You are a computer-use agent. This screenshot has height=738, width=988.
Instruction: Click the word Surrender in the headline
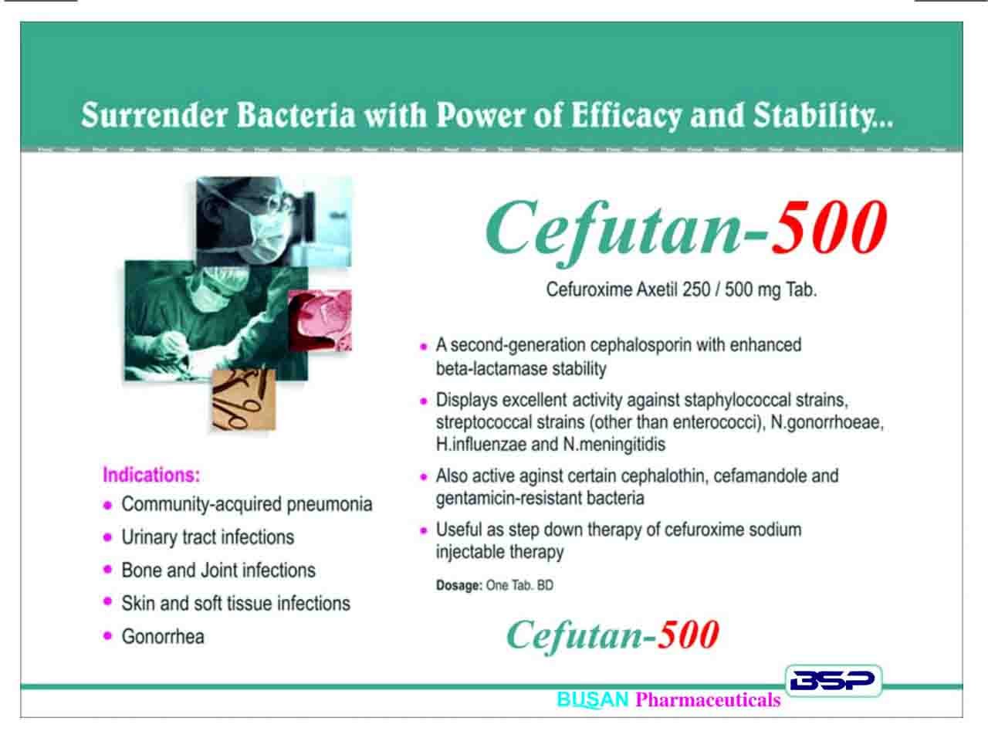tap(154, 115)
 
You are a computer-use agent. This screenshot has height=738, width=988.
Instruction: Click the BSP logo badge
tap(833, 680)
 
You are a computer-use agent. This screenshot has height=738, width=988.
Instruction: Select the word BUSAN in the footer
tap(592, 699)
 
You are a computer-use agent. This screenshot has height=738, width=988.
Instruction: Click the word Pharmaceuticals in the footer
tap(708, 699)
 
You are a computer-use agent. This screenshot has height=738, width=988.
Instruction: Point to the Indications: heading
tap(151, 475)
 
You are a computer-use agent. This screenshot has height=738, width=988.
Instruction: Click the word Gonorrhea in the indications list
tap(163, 636)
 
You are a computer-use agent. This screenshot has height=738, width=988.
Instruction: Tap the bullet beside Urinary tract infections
tap(107, 537)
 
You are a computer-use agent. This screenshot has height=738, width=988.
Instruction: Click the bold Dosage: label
tap(458, 585)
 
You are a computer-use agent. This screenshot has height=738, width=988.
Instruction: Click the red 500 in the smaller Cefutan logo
tap(688, 635)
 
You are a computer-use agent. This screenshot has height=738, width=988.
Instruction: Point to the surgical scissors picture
tap(243, 399)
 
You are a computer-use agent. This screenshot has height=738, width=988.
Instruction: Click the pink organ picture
tap(320, 320)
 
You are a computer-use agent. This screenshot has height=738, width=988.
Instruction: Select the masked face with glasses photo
tap(274, 222)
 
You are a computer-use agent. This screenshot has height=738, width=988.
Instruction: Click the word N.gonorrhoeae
tap(827, 422)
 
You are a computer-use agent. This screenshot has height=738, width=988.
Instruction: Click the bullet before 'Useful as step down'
tap(423, 530)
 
